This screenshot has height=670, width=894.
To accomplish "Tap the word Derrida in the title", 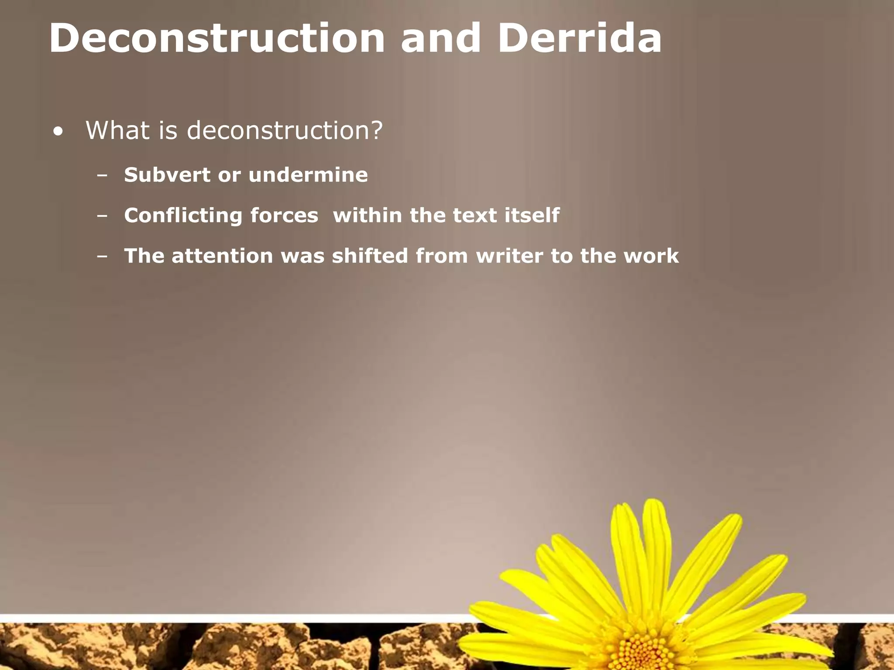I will pos(579,38).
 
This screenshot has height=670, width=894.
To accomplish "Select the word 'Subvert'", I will pos(167,175).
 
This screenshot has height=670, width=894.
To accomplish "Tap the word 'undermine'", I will pos(308,175).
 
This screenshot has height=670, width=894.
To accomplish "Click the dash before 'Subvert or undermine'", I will pos(103,176).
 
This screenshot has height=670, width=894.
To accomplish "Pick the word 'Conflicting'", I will pos(183,215).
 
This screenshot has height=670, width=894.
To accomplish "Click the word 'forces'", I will pos(285,215).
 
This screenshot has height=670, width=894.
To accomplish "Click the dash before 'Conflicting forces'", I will pos(103,216).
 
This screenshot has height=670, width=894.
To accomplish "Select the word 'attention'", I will pos(222,256).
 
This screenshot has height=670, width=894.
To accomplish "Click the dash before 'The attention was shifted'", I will pos(103,257).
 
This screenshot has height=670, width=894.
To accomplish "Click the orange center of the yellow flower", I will pos(640,653).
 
